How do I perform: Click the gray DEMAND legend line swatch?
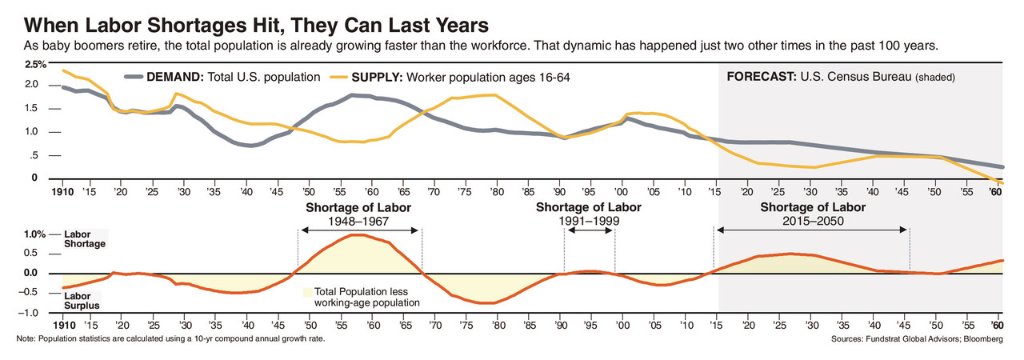(x=133, y=78)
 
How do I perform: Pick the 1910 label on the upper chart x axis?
(x=62, y=193)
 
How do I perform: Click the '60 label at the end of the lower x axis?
(x=997, y=326)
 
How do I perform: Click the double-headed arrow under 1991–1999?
(x=590, y=230)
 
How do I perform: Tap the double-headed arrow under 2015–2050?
(x=812, y=230)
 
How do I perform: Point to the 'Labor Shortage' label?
(x=84, y=238)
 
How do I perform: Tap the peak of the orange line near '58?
(x=358, y=234)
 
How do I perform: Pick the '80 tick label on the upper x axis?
(x=497, y=193)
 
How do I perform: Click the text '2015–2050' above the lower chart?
(x=812, y=220)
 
